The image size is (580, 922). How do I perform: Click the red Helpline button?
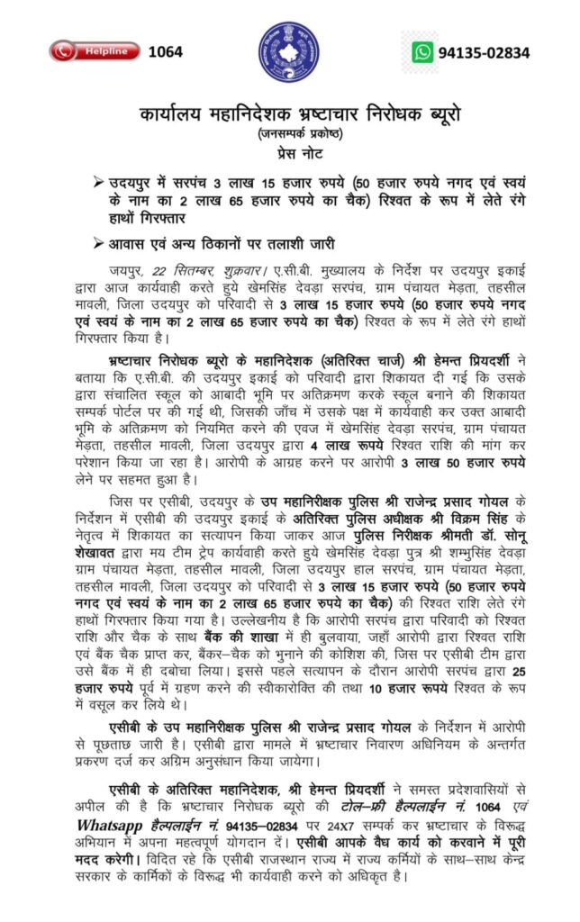[x=95, y=51]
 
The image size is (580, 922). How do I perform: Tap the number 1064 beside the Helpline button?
[x=165, y=51]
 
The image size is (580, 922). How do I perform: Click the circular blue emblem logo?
[x=289, y=52]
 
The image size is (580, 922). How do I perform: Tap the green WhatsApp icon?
[x=422, y=52]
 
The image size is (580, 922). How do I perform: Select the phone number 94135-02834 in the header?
[x=484, y=52]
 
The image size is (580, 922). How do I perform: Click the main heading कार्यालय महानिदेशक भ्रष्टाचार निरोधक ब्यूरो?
[x=289, y=114]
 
